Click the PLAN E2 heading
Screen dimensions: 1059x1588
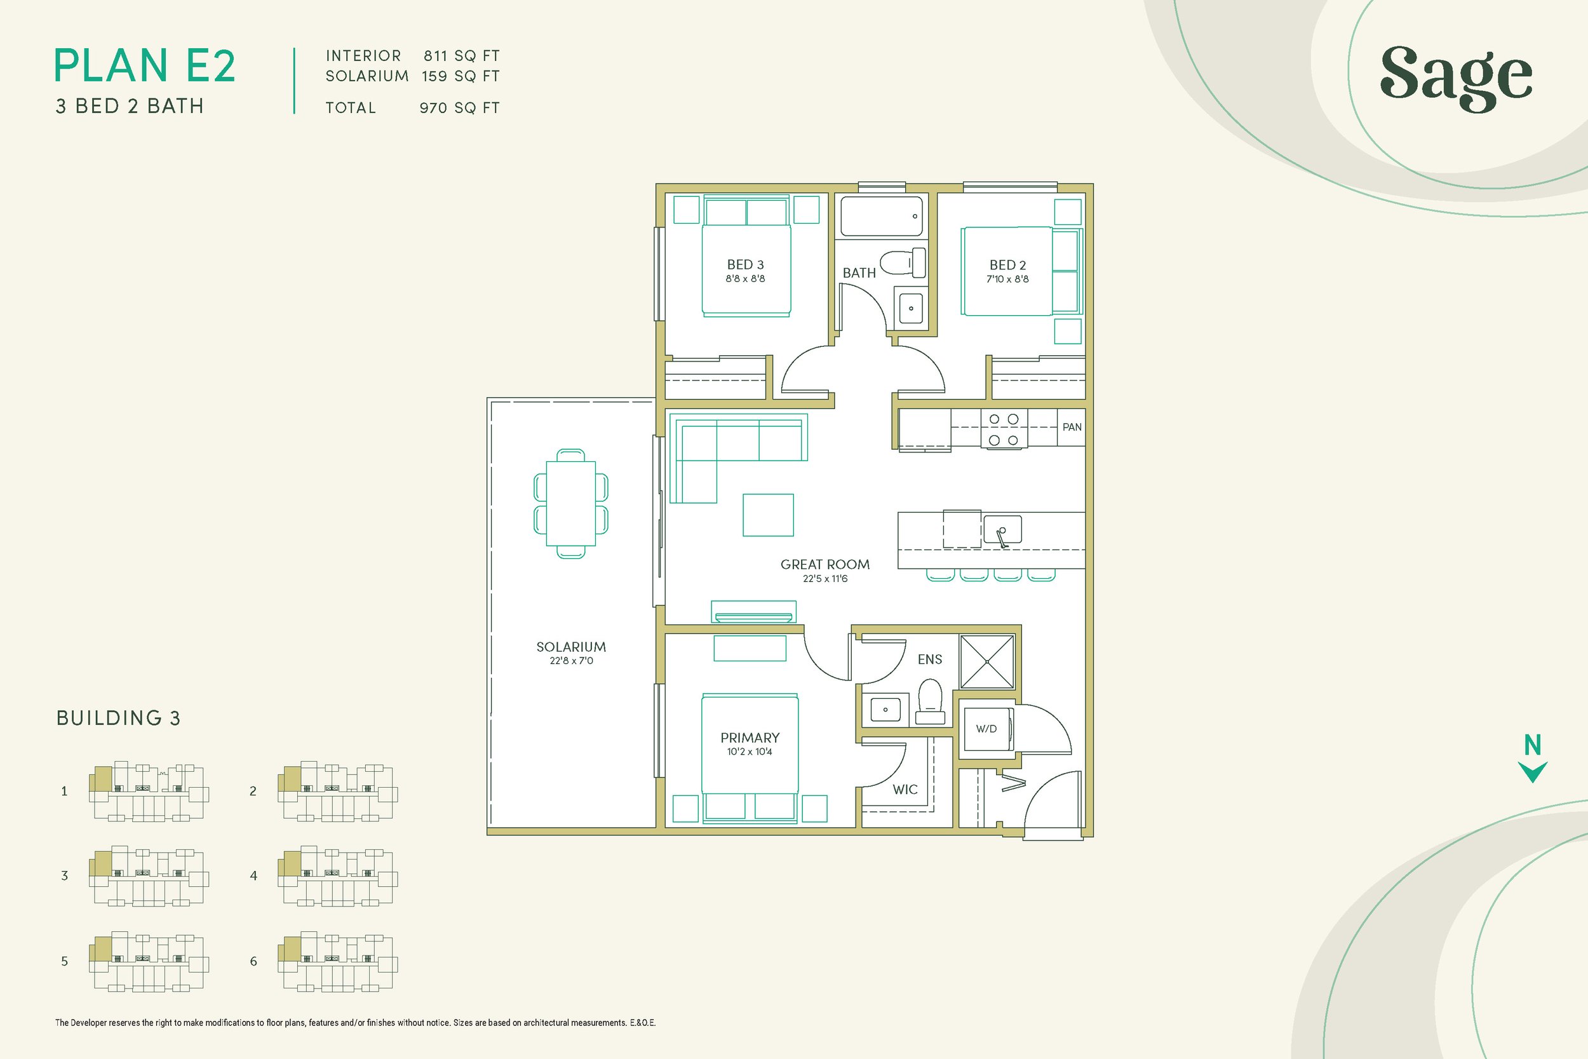[144, 66]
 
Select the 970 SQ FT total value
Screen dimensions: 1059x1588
[459, 108]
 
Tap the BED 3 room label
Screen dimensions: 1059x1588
[745, 265]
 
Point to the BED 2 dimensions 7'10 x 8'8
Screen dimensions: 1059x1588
[1007, 279]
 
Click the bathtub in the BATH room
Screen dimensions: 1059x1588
[881, 216]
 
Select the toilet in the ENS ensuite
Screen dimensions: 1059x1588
[931, 702]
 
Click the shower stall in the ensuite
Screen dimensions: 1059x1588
[987, 662]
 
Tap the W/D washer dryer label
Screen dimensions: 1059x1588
[986, 729]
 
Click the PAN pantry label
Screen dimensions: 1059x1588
[1072, 427]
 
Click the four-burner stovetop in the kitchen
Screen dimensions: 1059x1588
[1004, 429]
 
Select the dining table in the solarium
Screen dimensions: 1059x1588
[570, 503]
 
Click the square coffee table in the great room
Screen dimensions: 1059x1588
[768, 515]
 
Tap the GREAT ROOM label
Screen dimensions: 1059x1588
[824, 564]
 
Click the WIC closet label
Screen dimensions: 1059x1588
[905, 790]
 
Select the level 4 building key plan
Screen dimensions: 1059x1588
[337, 876]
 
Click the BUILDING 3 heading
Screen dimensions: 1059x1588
[118, 718]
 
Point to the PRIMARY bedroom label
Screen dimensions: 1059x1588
[750, 738]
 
